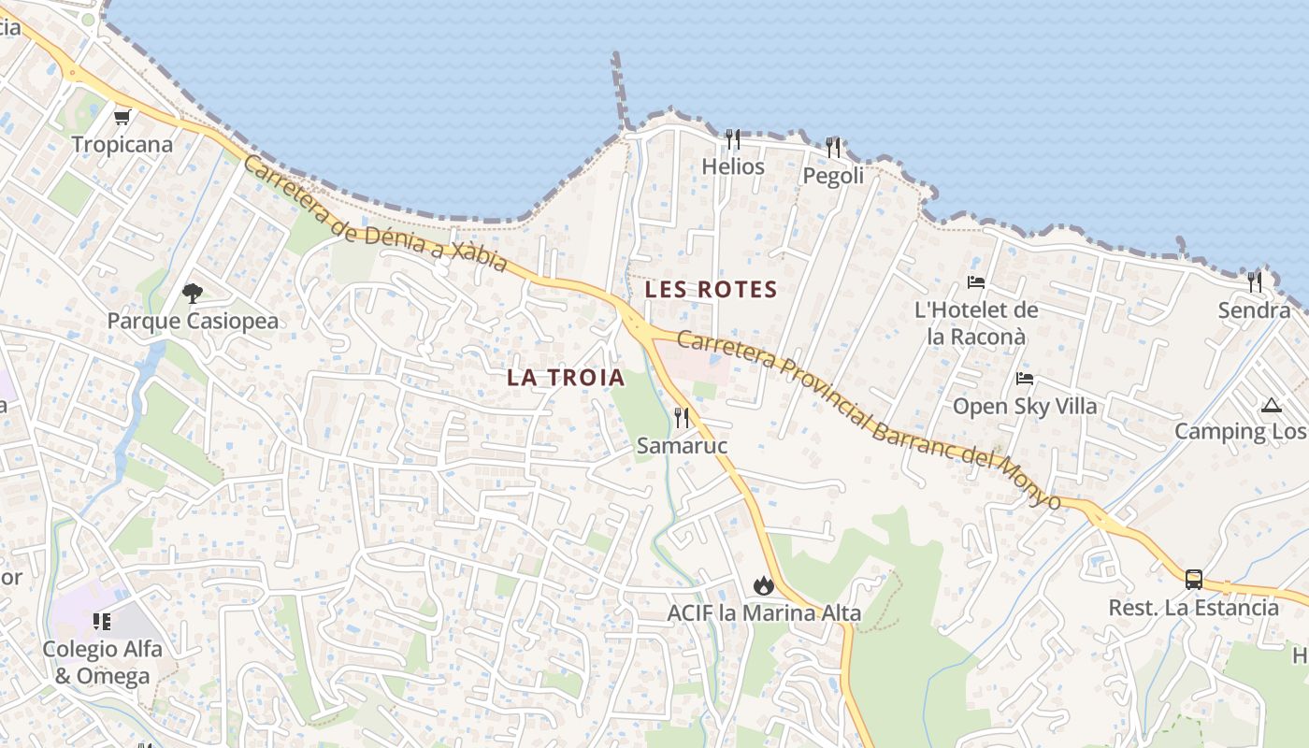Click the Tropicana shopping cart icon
122,118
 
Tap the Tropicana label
122,145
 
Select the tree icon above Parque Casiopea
193,294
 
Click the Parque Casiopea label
193,322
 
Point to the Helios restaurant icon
733,139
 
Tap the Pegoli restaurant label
833,176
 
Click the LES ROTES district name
712,290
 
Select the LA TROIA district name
566,378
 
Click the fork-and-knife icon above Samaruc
682,418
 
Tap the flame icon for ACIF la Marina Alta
764,585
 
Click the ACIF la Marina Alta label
764,614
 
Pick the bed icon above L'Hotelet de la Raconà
976,282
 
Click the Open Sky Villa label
1025,407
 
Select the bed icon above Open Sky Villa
1025,379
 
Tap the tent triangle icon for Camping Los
1270,405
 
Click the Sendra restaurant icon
1254,281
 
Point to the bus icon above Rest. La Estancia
1194,579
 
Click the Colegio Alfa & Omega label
102,662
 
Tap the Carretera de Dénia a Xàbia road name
374,215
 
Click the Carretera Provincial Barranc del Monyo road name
870,421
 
